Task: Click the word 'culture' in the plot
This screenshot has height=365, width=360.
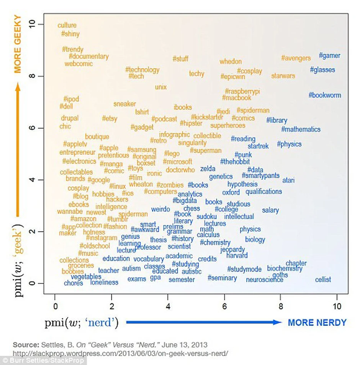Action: click(x=67, y=25)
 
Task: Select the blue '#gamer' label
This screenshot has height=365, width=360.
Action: click(x=329, y=56)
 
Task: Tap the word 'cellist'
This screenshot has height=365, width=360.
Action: click(x=323, y=280)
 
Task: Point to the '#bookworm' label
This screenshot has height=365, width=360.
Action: click(x=324, y=95)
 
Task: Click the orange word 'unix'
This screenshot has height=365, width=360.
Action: click(x=161, y=87)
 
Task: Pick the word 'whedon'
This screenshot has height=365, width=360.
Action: click(x=231, y=61)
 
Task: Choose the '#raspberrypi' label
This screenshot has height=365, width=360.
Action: click(x=242, y=91)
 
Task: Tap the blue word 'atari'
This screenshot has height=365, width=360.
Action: click(x=288, y=180)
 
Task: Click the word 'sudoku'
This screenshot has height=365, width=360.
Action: click(x=207, y=217)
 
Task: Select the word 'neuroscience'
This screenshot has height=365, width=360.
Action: click(x=265, y=280)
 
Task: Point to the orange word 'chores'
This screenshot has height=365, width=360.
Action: click(x=73, y=283)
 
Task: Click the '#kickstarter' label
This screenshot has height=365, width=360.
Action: click(x=207, y=117)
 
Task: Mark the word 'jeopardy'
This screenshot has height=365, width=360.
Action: click(x=232, y=249)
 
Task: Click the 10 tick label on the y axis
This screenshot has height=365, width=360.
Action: click(x=32, y=24)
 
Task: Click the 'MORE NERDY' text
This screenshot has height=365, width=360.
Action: click(x=317, y=322)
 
